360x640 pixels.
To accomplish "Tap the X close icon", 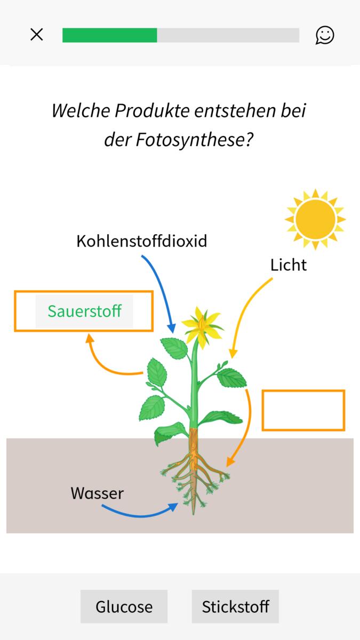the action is click(x=37, y=35).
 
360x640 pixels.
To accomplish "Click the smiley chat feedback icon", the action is click(x=325, y=35).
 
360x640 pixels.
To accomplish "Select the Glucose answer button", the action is click(x=124, y=606).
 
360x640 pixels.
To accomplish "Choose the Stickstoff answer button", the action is click(x=235, y=606).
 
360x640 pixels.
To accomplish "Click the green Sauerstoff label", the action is click(x=85, y=311).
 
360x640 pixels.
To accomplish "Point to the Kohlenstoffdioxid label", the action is click(x=142, y=241).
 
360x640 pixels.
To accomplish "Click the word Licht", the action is click(x=289, y=265).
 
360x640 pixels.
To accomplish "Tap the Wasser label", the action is click(x=97, y=493).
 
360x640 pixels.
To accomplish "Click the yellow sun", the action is click(x=315, y=219).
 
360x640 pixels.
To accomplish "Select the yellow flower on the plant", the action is click(x=202, y=327).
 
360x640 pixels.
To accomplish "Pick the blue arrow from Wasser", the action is click(x=140, y=515).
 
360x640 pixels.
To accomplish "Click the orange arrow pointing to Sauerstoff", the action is click(x=100, y=366).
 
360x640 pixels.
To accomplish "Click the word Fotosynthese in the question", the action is click(x=194, y=140).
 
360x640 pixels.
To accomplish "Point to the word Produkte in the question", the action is click(x=153, y=110).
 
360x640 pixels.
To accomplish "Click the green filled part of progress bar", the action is click(x=110, y=35).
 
